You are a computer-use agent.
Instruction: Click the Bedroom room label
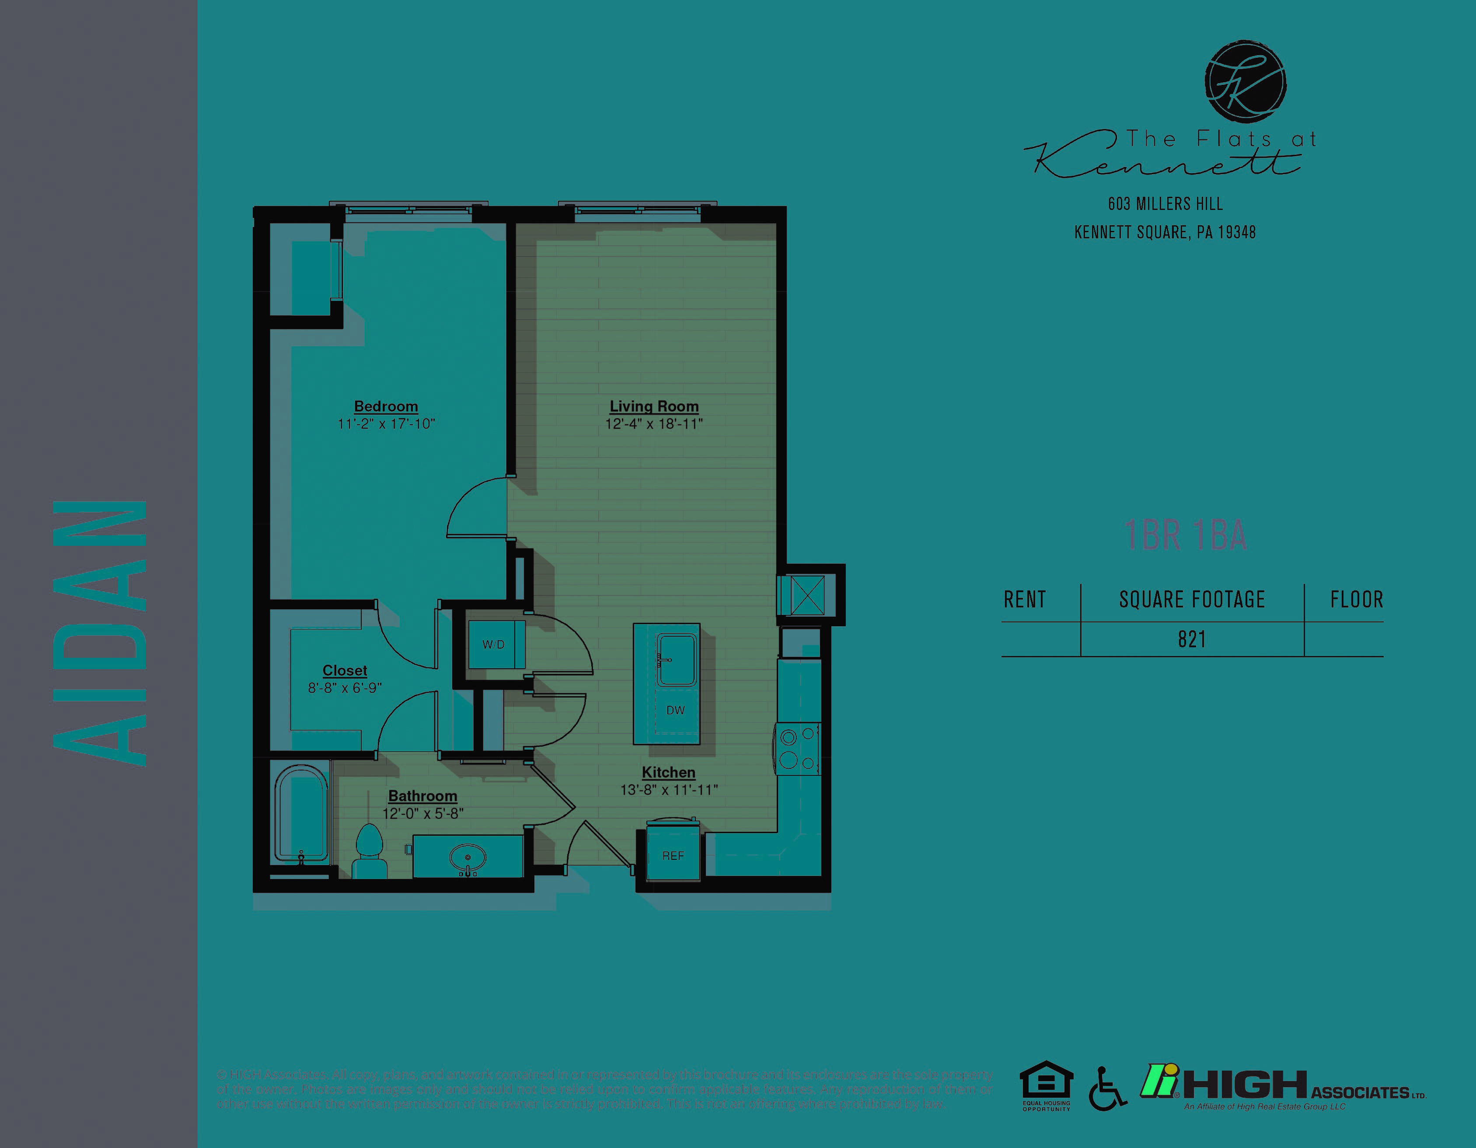[386, 406]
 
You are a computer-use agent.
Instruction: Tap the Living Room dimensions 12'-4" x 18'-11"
[653, 424]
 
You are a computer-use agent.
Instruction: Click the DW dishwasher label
[675, 710]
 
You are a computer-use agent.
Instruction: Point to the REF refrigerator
[673, 855]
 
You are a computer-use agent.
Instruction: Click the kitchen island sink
[677, 659]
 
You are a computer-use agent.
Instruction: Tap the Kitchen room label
[668, 772]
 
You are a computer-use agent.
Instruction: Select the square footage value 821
[1191, 639]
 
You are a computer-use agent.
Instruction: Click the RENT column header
[1025, 599]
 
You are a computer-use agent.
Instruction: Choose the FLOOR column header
[1356, 599]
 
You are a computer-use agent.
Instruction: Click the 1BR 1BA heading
[1186, 535]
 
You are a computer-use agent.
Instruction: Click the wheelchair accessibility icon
[1106, 1089]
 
